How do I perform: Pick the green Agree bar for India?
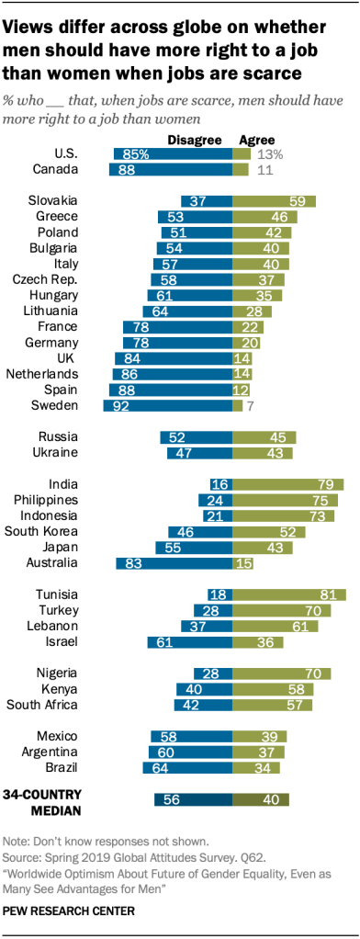287,484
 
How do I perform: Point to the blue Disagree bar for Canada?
171,170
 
